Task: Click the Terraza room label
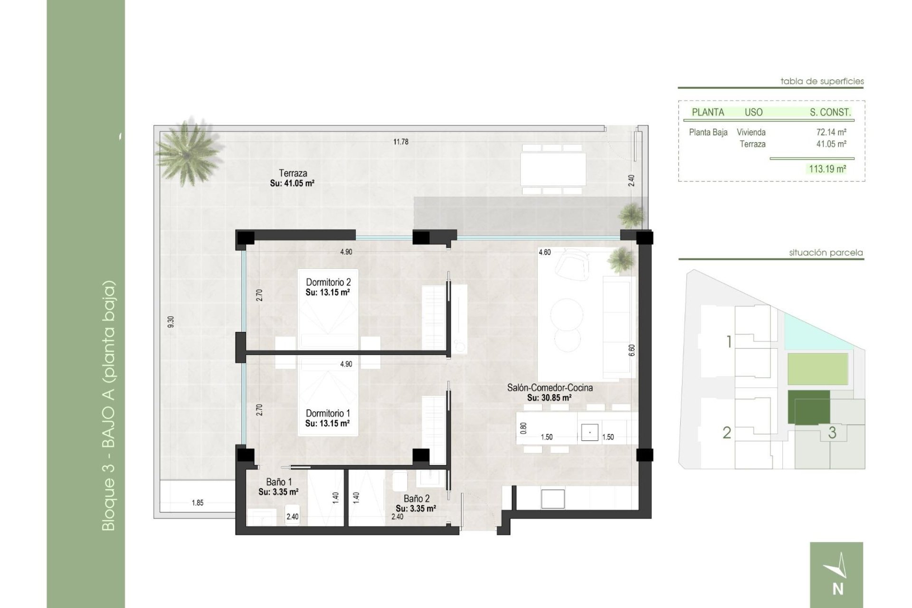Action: click(293, 174)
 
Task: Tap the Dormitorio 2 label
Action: click(328, 283)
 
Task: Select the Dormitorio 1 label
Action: click(328, 413)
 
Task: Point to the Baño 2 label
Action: click(416, 499)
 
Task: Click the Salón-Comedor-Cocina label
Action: click(550, 388)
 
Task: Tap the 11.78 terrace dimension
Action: click(400, 142)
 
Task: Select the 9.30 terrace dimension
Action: click(171, 322)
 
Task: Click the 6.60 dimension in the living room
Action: click(631, 350)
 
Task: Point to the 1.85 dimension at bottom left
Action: click(198, 503)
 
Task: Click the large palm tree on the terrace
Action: click(188, 150)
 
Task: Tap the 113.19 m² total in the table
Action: click(827, 169)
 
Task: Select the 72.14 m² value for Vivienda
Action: click(831, 133)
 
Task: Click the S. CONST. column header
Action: click(830, 113)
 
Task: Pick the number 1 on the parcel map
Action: click(729, 342)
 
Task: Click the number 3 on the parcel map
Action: click(832, 433)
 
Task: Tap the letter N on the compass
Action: click(838, 589)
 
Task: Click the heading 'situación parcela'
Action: click(826, 253)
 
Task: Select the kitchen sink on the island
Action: click(589, 432)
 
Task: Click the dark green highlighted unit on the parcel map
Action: click(808, 407)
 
